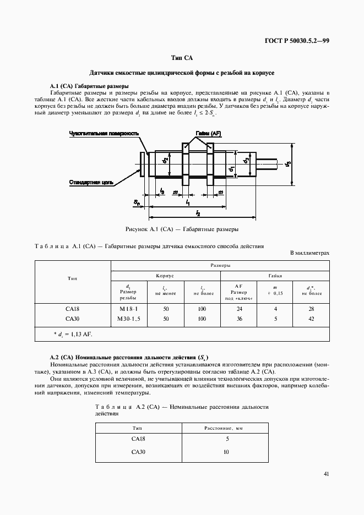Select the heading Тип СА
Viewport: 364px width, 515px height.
pos(182,58)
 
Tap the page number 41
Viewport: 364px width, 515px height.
pos(327,473)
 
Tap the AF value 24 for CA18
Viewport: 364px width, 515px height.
pos(238,309)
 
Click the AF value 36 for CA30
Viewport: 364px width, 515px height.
pos(238,319)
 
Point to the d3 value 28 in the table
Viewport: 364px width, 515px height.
pos(311,309)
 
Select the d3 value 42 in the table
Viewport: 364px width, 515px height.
pos(311,319)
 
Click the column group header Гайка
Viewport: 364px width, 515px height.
pos(275,275)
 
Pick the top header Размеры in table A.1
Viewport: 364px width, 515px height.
pos(220,265)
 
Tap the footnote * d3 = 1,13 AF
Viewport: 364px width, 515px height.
pos(74,334)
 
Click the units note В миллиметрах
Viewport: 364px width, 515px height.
pos(309,253)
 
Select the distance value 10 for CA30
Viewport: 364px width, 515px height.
pos(225,452)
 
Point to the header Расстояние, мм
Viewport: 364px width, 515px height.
pos(225,427)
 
